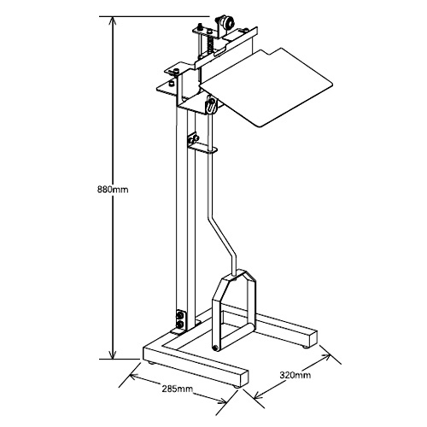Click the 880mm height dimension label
[113, 190]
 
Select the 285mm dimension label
[178, 389]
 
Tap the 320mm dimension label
[295, 375]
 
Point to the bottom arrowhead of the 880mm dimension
[113, 354]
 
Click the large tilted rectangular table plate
[266, 86]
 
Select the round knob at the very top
[227, 22]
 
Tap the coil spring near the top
[211, 44]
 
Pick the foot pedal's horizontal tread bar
[236, 336]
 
